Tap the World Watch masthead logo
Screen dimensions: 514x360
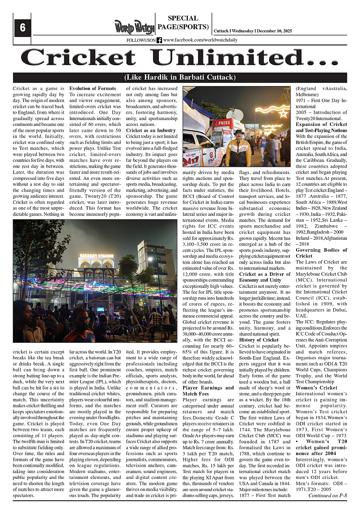[134, 27]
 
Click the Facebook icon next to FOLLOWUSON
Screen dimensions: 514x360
[159, 40]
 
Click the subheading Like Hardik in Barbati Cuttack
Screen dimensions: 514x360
[180, 77]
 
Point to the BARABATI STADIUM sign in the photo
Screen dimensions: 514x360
[98, 255]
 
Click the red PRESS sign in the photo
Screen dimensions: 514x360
[222, 122]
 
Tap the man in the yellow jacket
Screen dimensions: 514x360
[238, 150]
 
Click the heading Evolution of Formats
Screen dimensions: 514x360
[92, 89]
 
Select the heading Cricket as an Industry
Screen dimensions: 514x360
[147, 130]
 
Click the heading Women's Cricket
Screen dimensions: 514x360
[316, 388]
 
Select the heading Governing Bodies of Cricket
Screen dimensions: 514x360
[321, 253]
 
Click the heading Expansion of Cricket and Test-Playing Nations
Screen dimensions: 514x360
[321, 127]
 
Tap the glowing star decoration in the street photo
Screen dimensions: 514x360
[283, 113]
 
